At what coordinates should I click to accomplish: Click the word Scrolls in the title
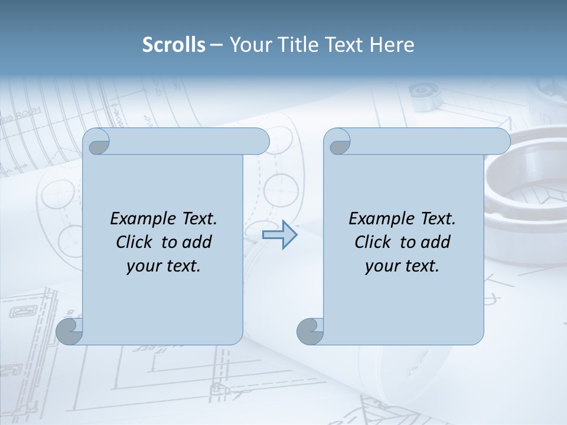pyautogui.click(x=174, y=45)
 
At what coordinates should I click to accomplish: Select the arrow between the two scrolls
pyautogui.click(x=279, y=235)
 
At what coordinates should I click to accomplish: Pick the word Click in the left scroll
pyautogui.click(x=136, y=242)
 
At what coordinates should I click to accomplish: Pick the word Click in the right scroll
pyautogui.click(x=374, y=242)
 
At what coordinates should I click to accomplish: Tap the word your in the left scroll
pyautogui.click(x=142, y=266)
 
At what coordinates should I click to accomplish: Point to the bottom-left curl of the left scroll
pyautogui.click(x=69, y=332)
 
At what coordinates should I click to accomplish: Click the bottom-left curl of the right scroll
pyautogui.click(x=310, y=332)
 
